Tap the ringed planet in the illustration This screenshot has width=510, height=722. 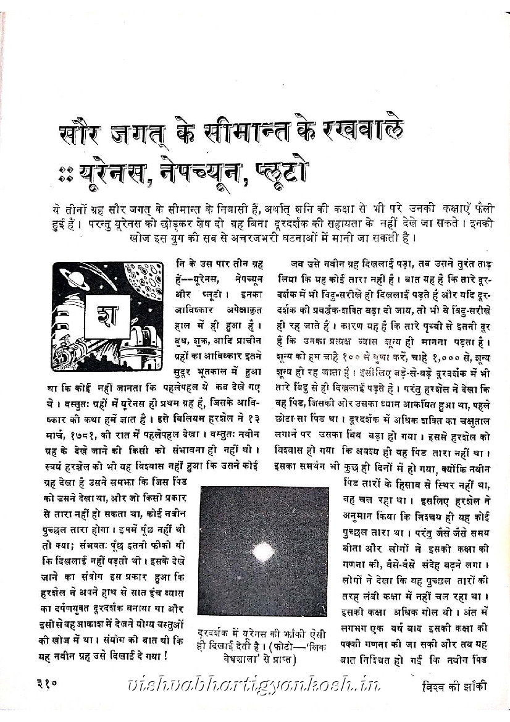74,276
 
